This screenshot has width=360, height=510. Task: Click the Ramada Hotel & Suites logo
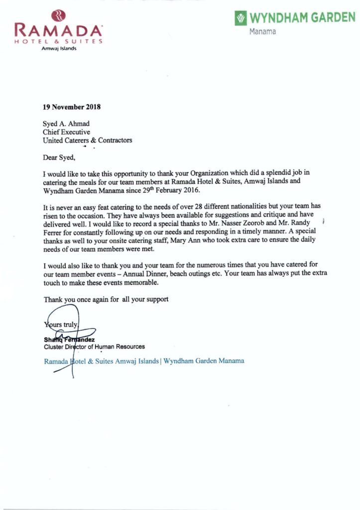[59, 29]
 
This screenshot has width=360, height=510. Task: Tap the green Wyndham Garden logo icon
[241, 19]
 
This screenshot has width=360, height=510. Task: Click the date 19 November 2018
[72, 107]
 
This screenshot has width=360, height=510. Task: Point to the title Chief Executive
[66, 132]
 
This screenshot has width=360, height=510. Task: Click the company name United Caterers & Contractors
[88, 140]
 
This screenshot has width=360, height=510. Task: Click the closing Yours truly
[61, 324]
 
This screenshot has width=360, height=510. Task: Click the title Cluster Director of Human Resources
[95, 346]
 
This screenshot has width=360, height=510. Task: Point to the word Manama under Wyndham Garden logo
[262, 32]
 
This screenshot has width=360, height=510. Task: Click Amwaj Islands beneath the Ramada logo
[59, 48]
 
